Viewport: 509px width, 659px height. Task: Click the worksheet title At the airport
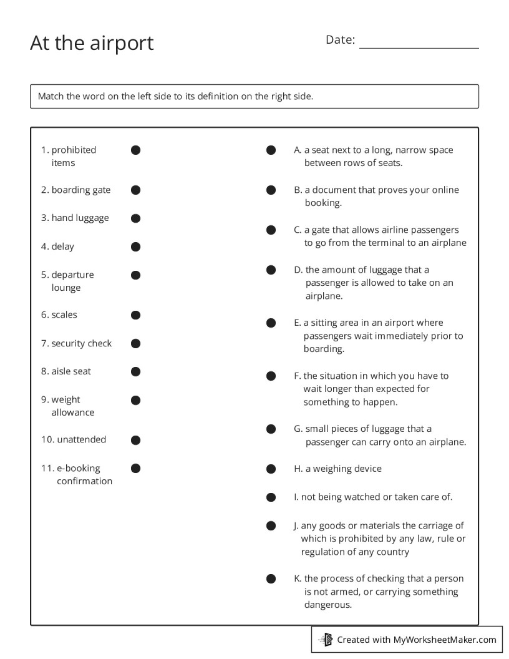tap(92, 43)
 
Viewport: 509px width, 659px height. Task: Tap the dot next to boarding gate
tap(135, 190)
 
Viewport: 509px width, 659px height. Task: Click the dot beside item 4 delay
tap(135, 247)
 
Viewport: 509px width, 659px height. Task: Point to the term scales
tap(59, 315)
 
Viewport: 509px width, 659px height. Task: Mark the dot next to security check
tap(135, 343)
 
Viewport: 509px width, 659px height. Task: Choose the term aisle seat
tap(66, 371)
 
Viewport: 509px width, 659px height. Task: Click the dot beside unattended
tap(135, 440)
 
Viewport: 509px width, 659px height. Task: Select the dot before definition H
tap(271, 469)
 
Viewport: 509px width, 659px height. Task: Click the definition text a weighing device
tap(343, 469)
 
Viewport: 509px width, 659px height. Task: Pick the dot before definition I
tap(271, 497)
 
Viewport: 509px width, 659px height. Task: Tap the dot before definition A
tap(271, 150)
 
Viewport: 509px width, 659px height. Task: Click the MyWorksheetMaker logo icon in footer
tap(326, 639)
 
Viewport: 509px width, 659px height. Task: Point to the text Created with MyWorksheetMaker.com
tap(416, 639)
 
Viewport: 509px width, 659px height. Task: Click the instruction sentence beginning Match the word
tap(175, 96)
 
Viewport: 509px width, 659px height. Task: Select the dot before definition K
tap(271, 578)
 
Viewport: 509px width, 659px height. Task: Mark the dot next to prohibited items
tap(135, 150)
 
